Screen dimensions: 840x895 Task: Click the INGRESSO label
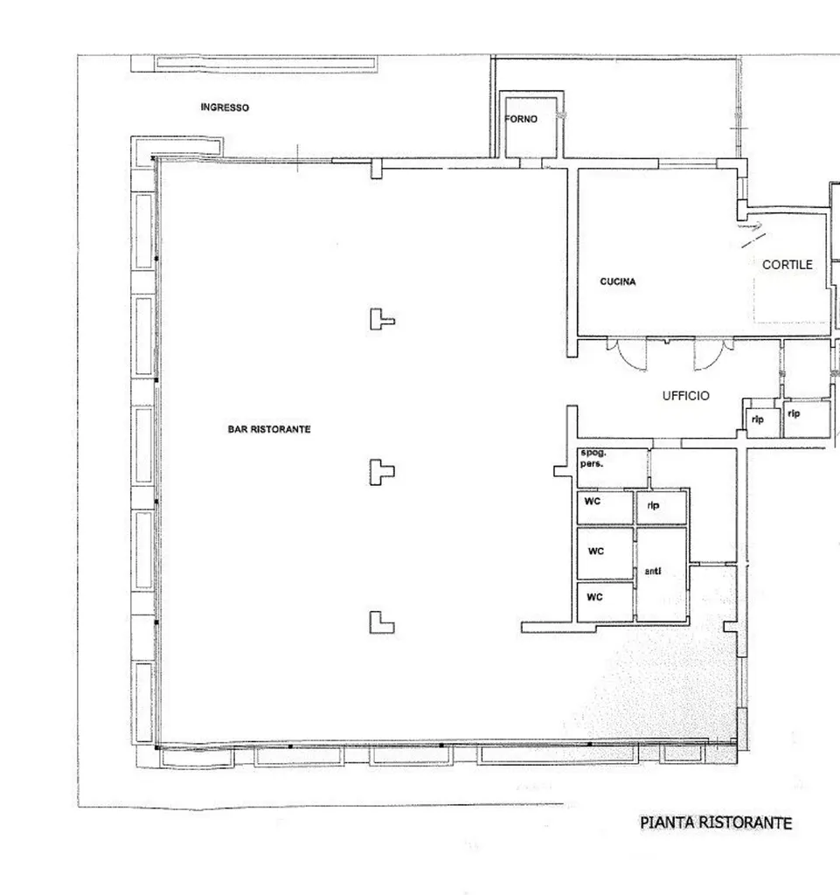click(x=225, y=108)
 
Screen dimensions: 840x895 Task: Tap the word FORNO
click(x=521, y=119)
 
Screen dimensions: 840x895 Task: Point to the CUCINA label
click(x=617, y=281)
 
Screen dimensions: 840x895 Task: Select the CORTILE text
click(x=788, y=265)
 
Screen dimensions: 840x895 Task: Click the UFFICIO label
click(x=686, y=396)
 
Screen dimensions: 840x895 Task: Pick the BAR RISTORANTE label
click(x=269, y=429)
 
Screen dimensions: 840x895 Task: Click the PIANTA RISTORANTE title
click(x=716, y=822)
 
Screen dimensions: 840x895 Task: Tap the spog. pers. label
click(x=593, y=458)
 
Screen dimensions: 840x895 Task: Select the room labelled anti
click(x=662, y=573)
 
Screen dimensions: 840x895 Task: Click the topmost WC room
click(x=605, y=507)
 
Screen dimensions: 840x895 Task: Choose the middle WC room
click(x=605, y=553)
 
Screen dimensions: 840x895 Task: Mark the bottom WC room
click(x=605, y=601)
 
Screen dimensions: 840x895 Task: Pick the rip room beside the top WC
click(x=662, y=508)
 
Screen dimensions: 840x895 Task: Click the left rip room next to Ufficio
click(x=763, y=423)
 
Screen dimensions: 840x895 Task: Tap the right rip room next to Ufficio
click(x=807, y=420)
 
